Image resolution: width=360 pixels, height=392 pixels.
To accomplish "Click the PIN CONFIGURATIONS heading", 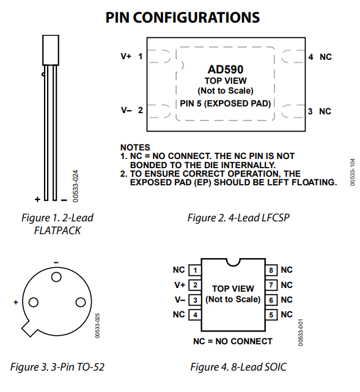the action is coord(183,18).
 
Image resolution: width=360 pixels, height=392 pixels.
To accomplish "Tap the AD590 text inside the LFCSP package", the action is coord(226,70).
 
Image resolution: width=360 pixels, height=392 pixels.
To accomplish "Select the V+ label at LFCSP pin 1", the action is coord(126,56).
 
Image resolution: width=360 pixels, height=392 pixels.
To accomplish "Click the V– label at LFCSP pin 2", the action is coord(126,110).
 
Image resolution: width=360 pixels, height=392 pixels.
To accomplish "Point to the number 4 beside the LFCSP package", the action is coord(310,57).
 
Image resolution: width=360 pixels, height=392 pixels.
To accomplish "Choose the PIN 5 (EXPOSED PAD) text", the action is coord(226,103).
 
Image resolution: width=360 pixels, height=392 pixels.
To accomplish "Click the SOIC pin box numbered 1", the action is coord(195,270).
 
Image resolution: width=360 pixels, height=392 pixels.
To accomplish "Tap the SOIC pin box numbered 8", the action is coord(271,270).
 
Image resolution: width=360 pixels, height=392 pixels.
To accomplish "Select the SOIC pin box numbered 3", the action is coord(195,300).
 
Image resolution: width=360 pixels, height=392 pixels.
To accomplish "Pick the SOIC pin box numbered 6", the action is coord(271,300).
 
